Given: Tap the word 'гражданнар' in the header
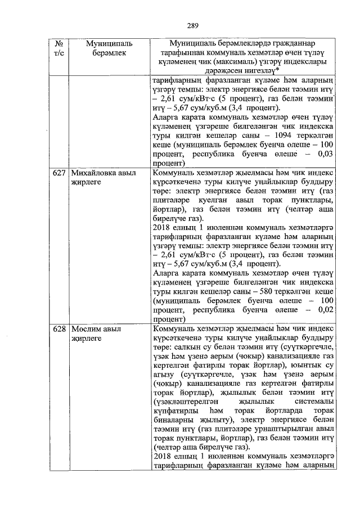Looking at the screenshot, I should [x=287, y=43].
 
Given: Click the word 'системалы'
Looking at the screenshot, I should [x=315, y=406].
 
